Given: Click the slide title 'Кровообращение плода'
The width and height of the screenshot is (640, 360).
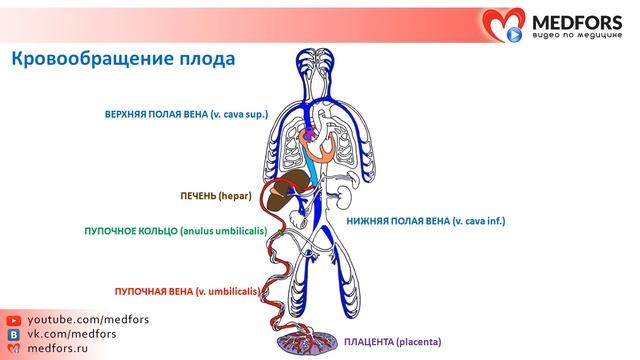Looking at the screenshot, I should pyautogui.click(x=123, y=59).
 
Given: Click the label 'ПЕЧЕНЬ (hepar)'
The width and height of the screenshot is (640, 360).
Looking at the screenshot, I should pyautogui.click(x=220, y=198).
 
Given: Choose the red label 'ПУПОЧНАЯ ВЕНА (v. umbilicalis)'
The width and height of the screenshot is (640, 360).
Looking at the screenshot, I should pyautogui.click(x=187, y=291).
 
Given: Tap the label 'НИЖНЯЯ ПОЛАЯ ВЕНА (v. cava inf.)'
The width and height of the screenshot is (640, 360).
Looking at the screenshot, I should pyautogui.click(x=424, y=219).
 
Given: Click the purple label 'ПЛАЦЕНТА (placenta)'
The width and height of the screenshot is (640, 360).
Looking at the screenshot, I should pyautogui.click(x=394, y=342).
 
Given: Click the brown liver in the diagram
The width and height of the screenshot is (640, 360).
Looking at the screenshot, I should pyautogui.click(x=294, y=184).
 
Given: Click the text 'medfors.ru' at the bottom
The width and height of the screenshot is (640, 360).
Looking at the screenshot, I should pyautogui.click(x=56, y=348).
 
